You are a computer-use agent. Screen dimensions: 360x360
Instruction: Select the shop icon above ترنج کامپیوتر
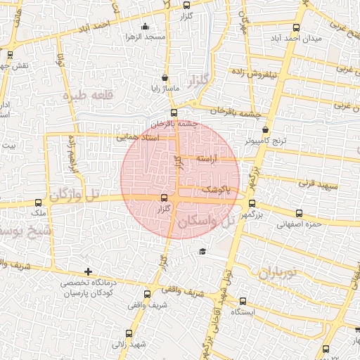[265, 129]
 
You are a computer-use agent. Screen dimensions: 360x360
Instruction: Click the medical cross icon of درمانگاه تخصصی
[88, 271]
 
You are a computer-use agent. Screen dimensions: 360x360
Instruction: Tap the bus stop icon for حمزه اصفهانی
[300, 213]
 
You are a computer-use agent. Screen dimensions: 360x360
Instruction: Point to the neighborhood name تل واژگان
[72, 194]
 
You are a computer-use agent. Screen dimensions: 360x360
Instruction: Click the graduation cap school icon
[202, 251]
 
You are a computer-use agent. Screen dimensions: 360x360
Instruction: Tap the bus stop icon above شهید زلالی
[128, 333]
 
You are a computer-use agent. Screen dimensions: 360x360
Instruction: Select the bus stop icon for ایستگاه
[243, 301]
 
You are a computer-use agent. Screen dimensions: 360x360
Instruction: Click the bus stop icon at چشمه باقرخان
[174, 112]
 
